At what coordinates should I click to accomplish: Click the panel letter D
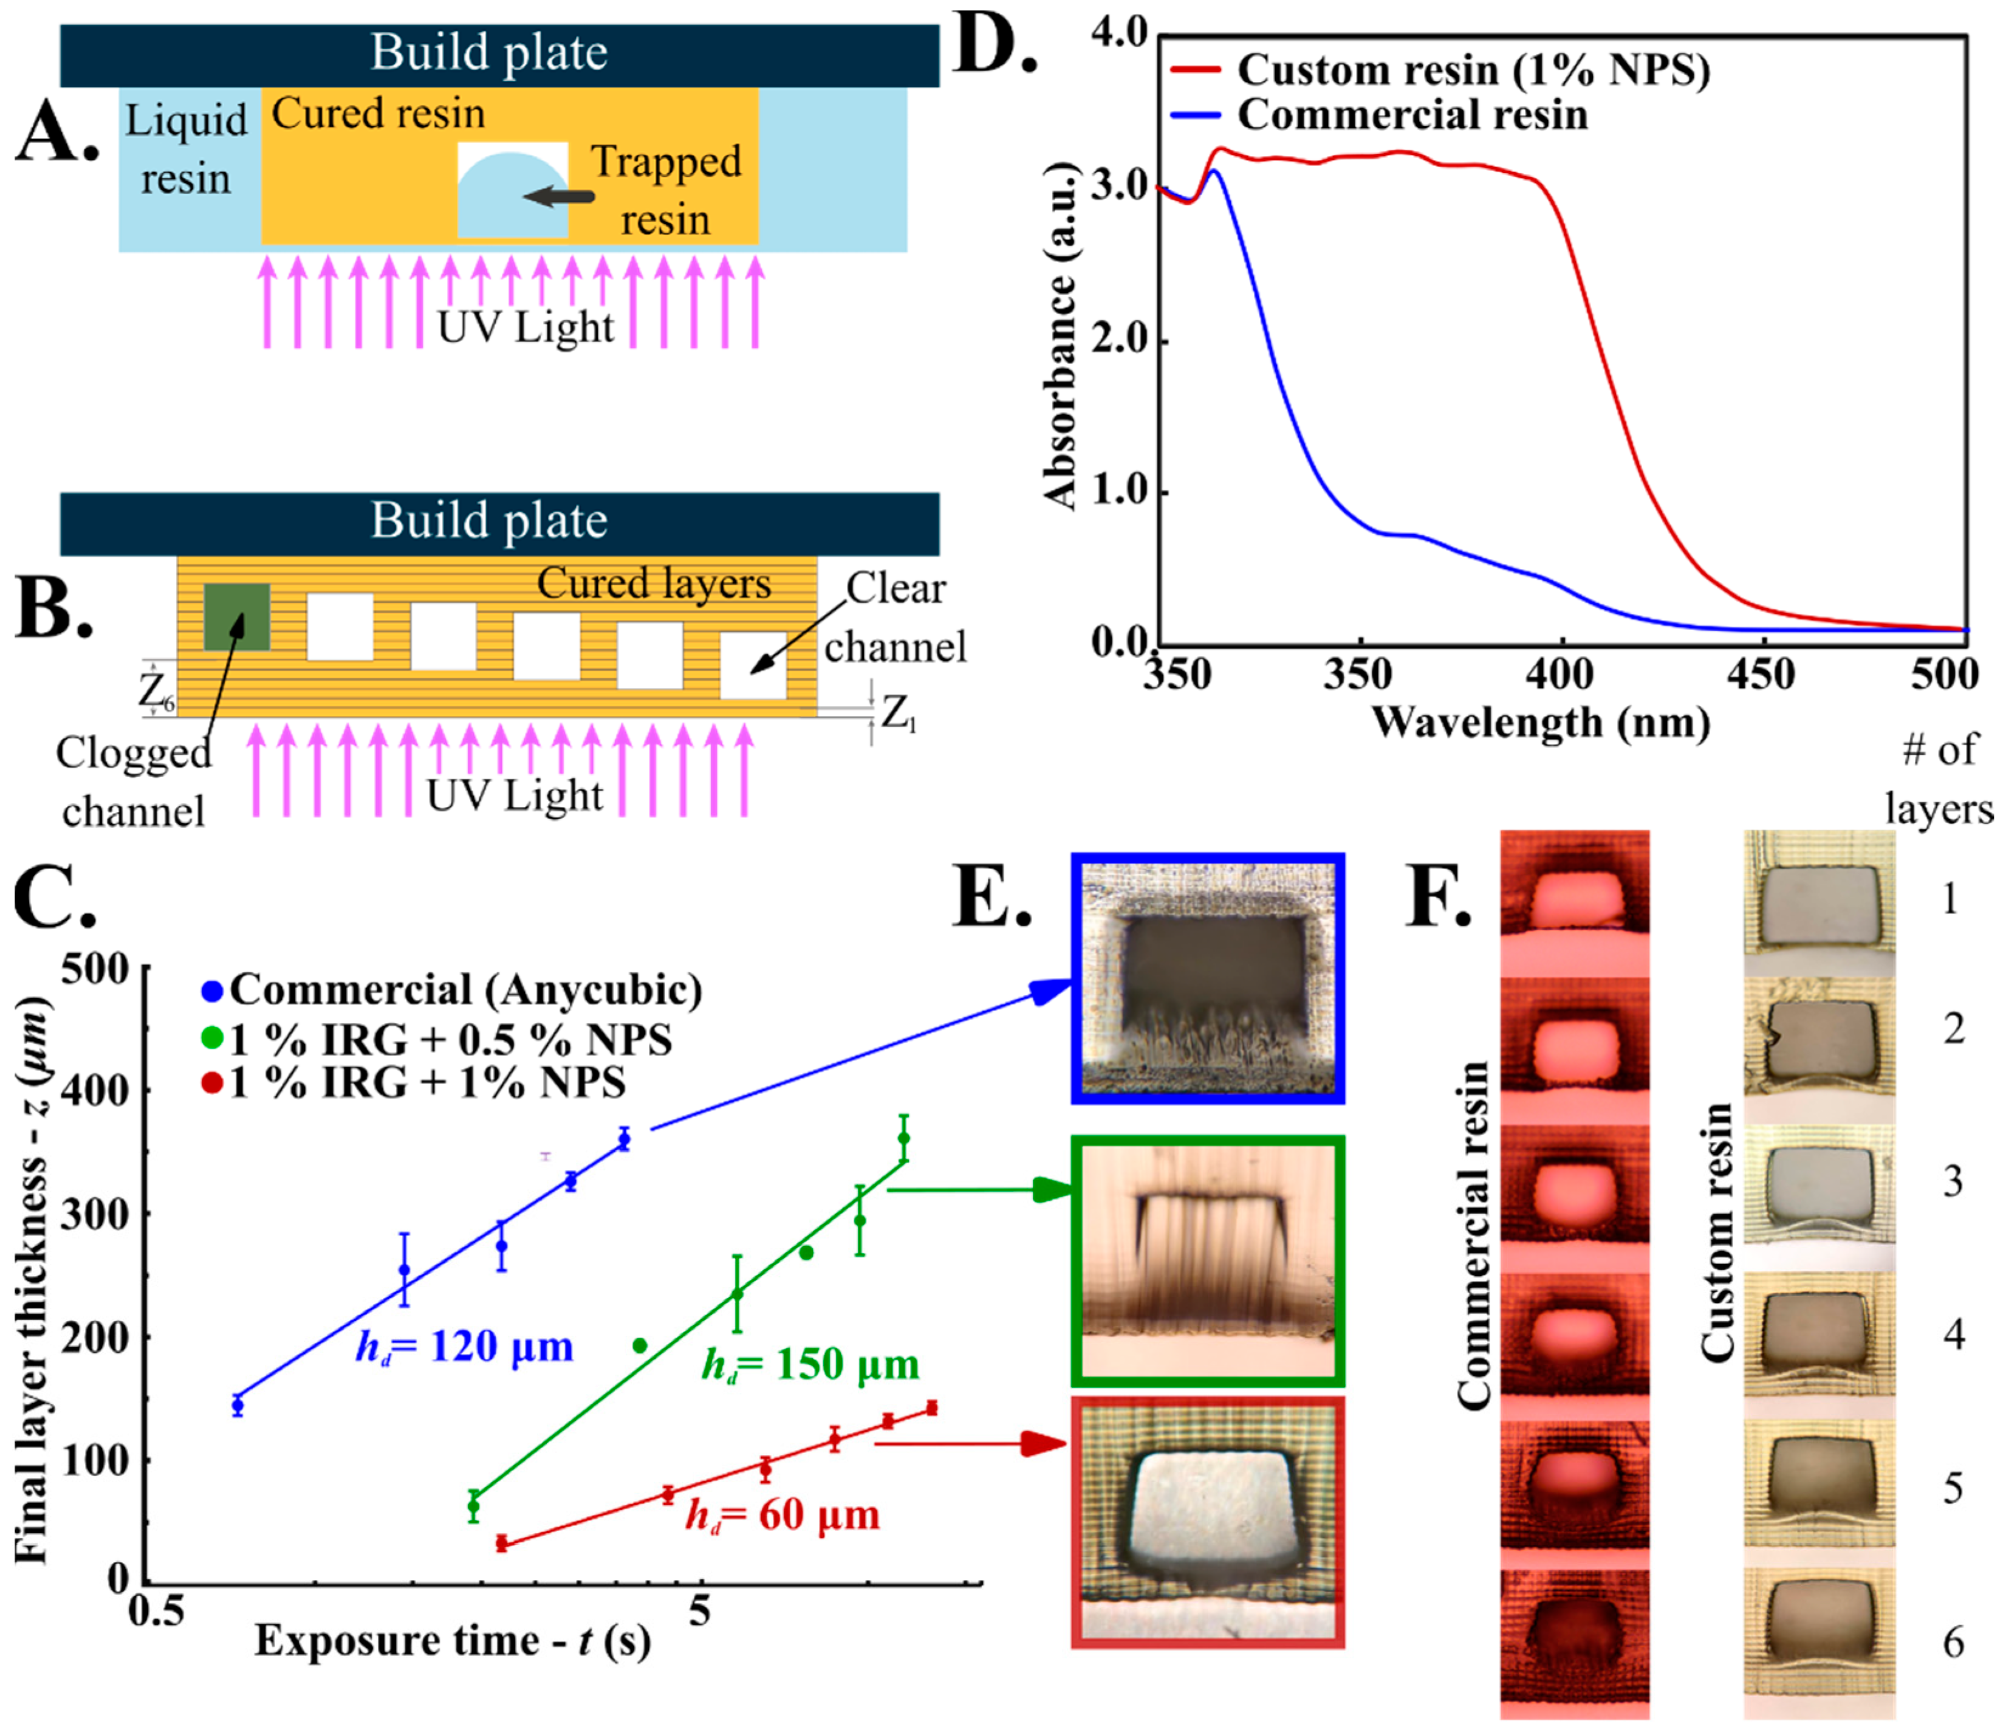click(x=994, y=46)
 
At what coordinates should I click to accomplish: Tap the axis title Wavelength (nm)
click(x=1539, y=723)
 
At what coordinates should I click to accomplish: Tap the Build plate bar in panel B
click(x=499, y=522)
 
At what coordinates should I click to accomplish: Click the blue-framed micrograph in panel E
click(x=1207, y=978)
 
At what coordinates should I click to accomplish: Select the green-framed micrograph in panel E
click(x=1207, y=1260)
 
